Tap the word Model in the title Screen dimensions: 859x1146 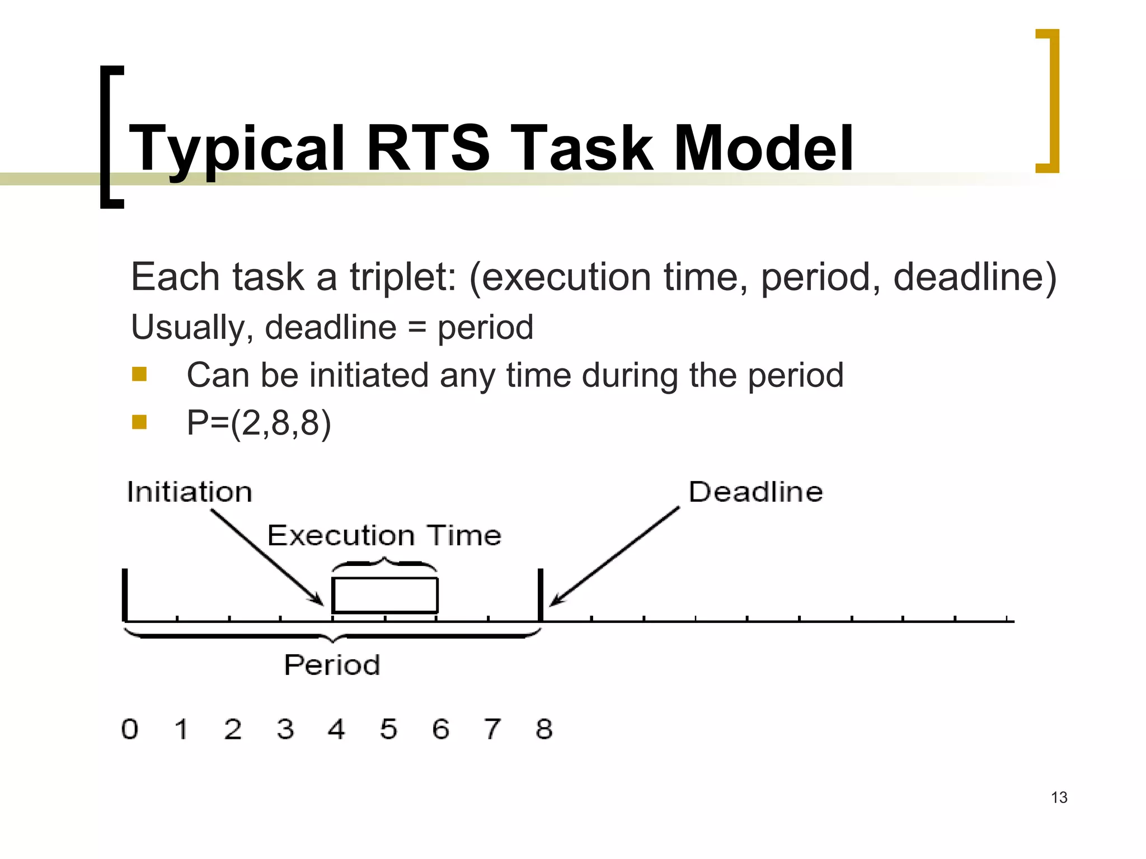(x=763, y=148)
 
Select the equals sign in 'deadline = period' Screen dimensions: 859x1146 (x=417, y=328)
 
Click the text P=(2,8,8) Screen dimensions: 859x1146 (x=259, y=423)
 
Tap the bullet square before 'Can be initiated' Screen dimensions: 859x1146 (x=139, y=374)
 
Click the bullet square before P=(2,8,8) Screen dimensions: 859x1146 (x=139, y=422)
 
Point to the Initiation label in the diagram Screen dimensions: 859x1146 (x=189, y=492)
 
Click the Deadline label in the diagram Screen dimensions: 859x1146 (x=755, y=492)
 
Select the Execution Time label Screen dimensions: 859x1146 (x=384, y=535)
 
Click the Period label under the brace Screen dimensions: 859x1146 (x=332, y=665)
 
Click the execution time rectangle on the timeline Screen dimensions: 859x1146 (x=385, y=595)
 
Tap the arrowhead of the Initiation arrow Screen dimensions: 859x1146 (x=320, y=602)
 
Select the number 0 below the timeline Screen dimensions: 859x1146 (x=130, y=729)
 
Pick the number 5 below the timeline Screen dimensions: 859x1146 (x=388, y=729)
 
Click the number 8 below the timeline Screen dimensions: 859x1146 (x=544, y=729)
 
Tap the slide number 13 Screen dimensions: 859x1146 (x=1059, y=797)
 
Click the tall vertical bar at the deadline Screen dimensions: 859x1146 (x=541, y=594)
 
